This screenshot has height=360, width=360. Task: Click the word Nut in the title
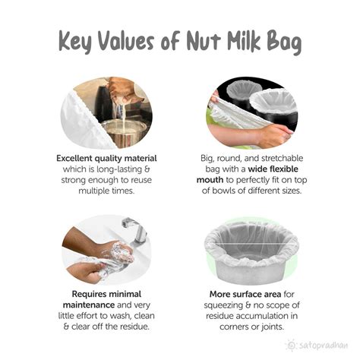point(204,40)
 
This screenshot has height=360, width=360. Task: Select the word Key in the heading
point(75,43)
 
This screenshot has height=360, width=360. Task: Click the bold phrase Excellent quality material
point(106,159)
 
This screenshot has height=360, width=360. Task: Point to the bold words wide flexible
point(273,169)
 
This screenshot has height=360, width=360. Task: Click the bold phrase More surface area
point(245,294)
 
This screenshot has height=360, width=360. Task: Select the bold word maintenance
point(89,305)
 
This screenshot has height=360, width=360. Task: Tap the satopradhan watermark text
point(323,346)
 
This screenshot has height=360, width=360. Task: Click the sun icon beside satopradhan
point(291,345)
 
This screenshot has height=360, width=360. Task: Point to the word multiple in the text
point(90,191)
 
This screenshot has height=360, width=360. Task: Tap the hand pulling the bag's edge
point(275,136)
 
